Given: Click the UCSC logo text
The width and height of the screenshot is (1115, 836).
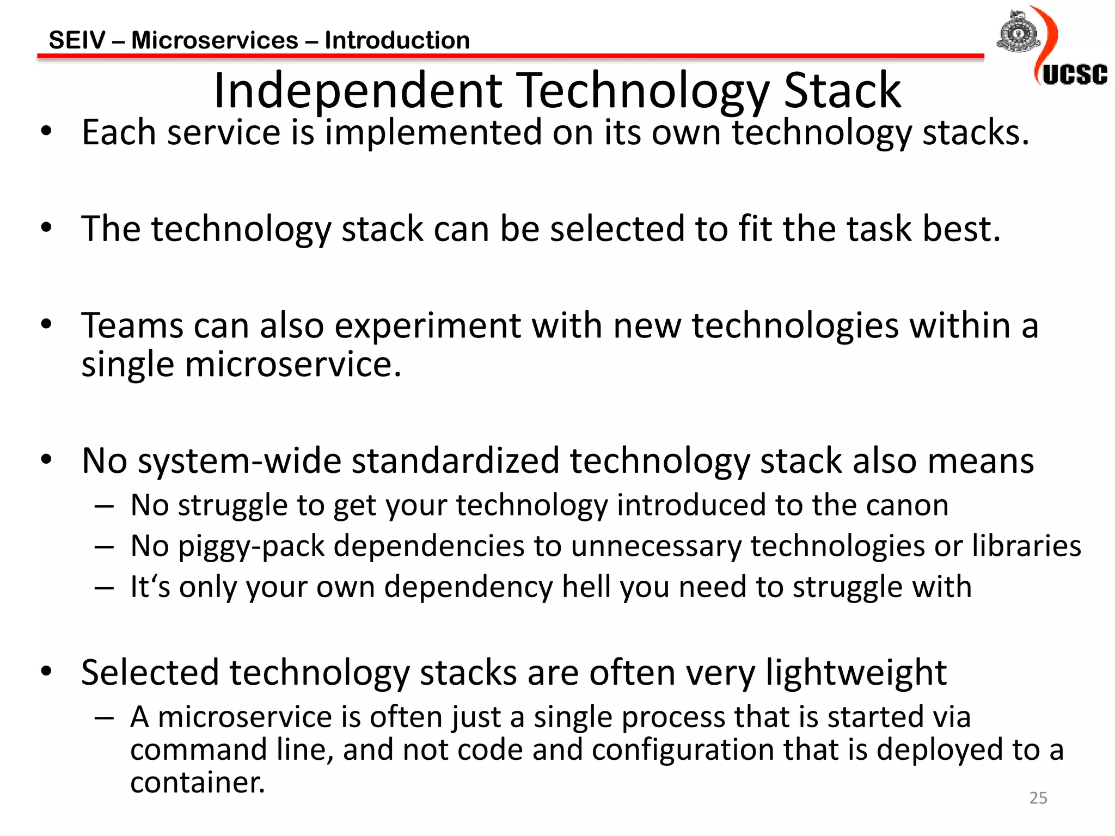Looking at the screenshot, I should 1075,75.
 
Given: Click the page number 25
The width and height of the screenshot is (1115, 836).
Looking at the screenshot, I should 1038,798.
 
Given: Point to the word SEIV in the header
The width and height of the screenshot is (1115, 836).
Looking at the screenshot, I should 77,40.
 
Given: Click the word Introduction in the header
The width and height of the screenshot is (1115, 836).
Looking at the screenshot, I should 397,40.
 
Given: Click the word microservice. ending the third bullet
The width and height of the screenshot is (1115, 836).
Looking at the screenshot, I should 293,364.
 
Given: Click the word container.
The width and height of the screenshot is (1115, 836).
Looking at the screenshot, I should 197,783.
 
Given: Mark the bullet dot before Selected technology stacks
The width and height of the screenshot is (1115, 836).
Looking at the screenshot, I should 47,671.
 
